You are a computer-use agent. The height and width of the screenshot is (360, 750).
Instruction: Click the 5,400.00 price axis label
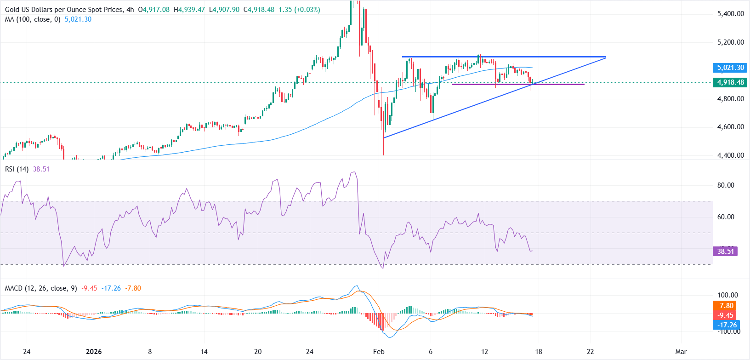730,14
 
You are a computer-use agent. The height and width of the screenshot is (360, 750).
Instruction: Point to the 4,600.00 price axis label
730,127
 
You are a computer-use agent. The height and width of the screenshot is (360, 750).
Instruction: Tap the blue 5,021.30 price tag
730,68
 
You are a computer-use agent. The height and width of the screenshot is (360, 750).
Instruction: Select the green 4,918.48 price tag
730,82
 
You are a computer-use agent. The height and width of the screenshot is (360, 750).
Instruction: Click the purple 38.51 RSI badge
725,251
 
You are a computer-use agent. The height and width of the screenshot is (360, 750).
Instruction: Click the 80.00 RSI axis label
726,185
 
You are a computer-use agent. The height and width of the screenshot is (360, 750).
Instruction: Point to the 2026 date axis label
93,352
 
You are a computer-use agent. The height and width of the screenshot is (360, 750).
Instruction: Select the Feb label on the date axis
379,352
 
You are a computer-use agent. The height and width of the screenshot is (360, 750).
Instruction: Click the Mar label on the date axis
681,352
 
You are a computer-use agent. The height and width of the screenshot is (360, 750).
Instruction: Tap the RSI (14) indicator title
17,169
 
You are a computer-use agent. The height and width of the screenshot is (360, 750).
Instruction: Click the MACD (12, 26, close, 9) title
40,288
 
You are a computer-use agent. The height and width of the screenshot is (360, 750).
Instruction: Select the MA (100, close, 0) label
33,19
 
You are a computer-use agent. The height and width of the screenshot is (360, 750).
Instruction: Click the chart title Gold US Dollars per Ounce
64,10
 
